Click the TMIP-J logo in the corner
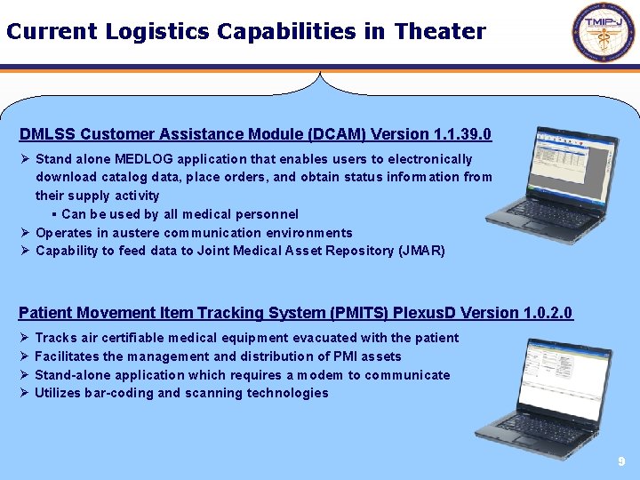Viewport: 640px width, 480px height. [x=604, y=33]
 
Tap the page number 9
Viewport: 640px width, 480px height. [x=621, y=462]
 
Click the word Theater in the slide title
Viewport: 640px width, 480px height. [x=440, y=32]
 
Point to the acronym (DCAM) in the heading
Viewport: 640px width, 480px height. [x=337, y=135]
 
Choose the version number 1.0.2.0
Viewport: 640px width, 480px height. [x=538, y=313]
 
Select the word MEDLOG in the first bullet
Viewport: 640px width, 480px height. [x=146, y=159]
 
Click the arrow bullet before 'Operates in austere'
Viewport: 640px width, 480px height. [x=25, y=233]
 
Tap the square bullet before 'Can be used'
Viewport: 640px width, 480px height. [x=54, y=214]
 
